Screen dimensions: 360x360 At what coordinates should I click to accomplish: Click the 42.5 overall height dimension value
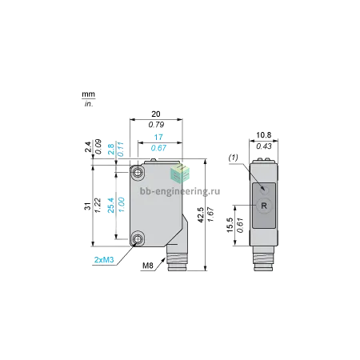200,214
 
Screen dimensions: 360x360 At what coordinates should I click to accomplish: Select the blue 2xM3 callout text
104,259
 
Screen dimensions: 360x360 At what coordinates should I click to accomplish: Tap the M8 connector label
148,266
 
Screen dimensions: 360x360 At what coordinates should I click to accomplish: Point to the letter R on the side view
264,206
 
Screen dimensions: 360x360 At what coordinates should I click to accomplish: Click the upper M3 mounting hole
138,173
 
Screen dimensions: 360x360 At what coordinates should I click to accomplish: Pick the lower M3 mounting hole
138,238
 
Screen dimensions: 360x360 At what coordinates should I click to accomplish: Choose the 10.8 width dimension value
264,135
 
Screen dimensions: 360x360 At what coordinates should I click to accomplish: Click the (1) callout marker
233,158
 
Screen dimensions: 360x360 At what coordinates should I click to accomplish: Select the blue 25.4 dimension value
111,205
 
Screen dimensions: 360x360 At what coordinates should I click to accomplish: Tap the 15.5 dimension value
230,226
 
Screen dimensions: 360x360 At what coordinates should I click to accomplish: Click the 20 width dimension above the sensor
156,114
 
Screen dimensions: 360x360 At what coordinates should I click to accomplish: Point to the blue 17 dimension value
158,137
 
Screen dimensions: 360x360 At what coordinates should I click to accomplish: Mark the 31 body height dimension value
88,206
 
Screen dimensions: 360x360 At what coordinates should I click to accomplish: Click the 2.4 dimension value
88,147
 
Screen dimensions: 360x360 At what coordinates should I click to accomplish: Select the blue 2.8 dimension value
111,150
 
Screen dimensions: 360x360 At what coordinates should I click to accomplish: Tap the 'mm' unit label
88,94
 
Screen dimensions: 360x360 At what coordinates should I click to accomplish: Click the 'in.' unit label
89,104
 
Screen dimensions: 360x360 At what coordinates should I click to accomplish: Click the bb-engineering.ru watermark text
180,191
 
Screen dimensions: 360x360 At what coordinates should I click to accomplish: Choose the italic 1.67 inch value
210,214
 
